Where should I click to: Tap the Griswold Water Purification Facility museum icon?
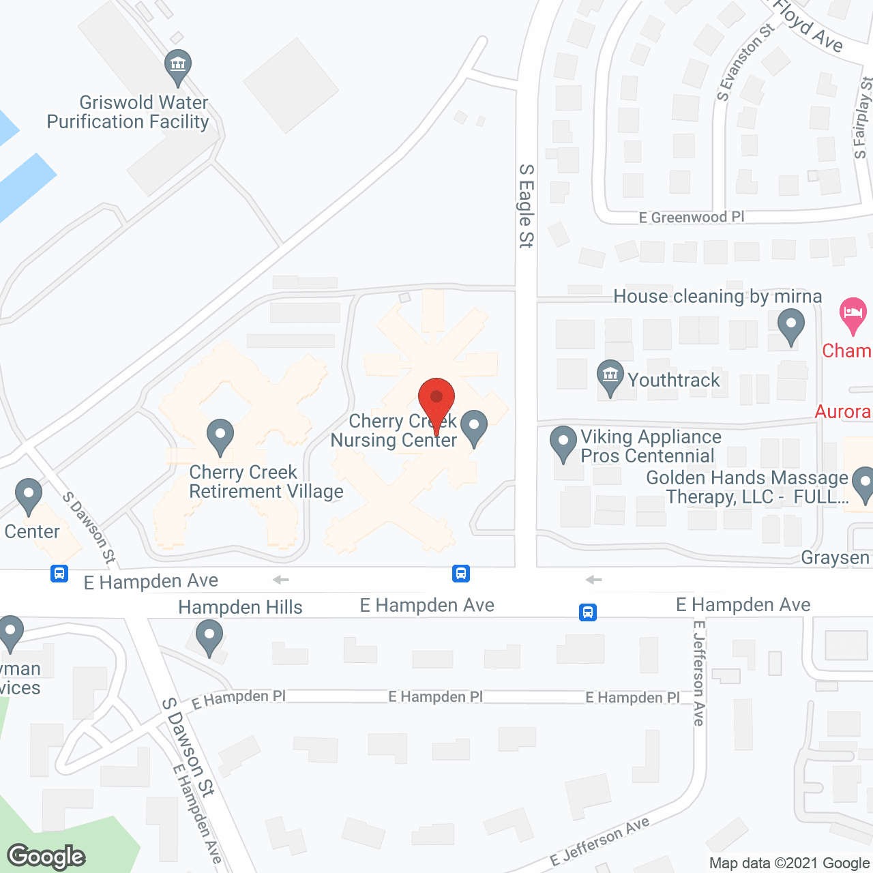[x=178, y=67]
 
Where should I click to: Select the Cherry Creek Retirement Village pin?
[x=220, y=436]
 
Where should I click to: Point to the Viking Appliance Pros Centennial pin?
[x=563, y=443]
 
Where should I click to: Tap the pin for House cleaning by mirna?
[x=790, y=325]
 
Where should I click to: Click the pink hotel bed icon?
[x=853, y=314]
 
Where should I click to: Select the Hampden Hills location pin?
[x=209, y=639]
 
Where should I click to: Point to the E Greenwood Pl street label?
[x=691, y=218]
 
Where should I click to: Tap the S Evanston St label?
[x=745, y=62]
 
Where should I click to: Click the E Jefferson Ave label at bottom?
[x=600, y=842]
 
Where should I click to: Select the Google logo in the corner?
[x=46, y=856]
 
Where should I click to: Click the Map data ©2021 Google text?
[x=790, y=863]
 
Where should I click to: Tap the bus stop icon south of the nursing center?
[x=461, y=573]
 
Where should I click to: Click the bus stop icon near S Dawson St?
[x=59, y=573]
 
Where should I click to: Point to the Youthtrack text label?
[x=673, y=380]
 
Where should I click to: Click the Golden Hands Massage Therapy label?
[x=748, y=487]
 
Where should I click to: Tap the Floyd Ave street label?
[x=809, y=26]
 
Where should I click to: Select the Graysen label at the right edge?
[x=835, y=558]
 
